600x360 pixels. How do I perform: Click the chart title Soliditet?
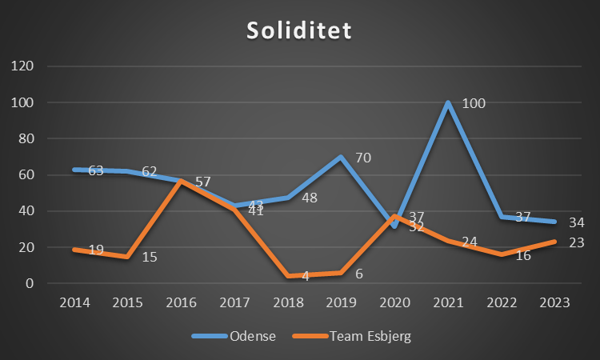point(299,31)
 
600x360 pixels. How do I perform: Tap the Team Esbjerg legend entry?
point(370,336)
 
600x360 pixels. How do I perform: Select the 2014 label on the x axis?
point(74,302)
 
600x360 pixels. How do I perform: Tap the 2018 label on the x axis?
point(288,302)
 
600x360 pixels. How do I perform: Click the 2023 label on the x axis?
point(554,302)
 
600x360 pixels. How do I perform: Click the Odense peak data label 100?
point(474,103)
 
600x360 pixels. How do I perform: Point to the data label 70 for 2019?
point(364,158)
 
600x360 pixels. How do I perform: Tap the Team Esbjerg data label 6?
point(359,273)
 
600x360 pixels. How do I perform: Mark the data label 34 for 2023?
point(577,222)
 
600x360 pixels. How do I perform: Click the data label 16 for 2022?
point(523,255)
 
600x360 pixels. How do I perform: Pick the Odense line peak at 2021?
point(448,102)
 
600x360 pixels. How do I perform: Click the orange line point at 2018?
point(288,276)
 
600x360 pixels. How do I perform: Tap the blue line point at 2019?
point(342,157)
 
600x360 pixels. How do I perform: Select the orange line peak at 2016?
point(181,181)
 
